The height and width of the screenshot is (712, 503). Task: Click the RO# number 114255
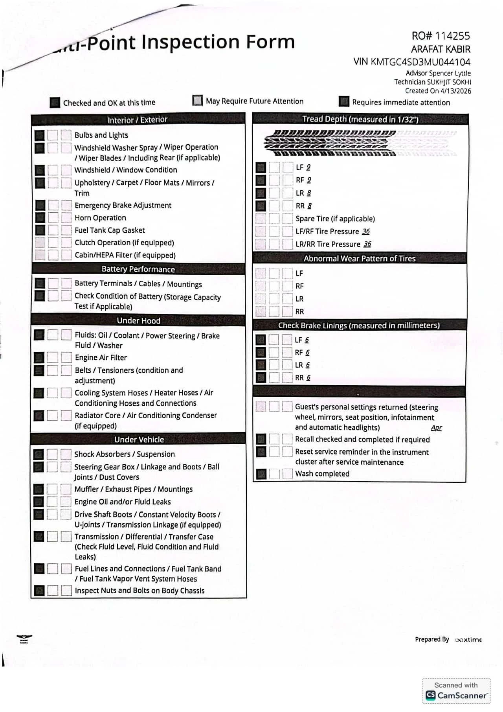(452, 36)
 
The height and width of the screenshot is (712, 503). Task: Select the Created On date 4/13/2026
(456, 91)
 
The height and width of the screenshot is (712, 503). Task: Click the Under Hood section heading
(138, 320)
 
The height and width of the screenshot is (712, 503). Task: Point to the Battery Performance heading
(138, 269)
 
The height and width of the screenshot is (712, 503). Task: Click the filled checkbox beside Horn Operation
(40, 217)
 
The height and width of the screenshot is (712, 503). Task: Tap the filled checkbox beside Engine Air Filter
(39, 357)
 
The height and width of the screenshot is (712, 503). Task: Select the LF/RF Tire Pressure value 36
(366, 231)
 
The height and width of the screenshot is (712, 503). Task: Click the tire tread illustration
(360, 143)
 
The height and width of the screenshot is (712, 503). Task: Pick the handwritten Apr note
(436, 428)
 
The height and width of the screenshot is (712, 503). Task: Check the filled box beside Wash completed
(261, 474)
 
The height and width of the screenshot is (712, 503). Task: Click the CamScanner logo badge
(456, 695)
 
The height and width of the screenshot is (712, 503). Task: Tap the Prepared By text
(432, 639)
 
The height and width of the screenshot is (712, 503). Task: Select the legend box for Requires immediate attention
(344, 101)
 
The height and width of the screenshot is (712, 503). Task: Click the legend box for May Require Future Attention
(198, 100)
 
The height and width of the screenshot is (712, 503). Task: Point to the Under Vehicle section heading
(139, 439)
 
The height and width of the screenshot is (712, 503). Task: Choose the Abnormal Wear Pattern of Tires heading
(359, 258)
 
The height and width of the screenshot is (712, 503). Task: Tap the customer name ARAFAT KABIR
(441, 49)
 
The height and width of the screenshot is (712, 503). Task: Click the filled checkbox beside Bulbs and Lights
(39, 135)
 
